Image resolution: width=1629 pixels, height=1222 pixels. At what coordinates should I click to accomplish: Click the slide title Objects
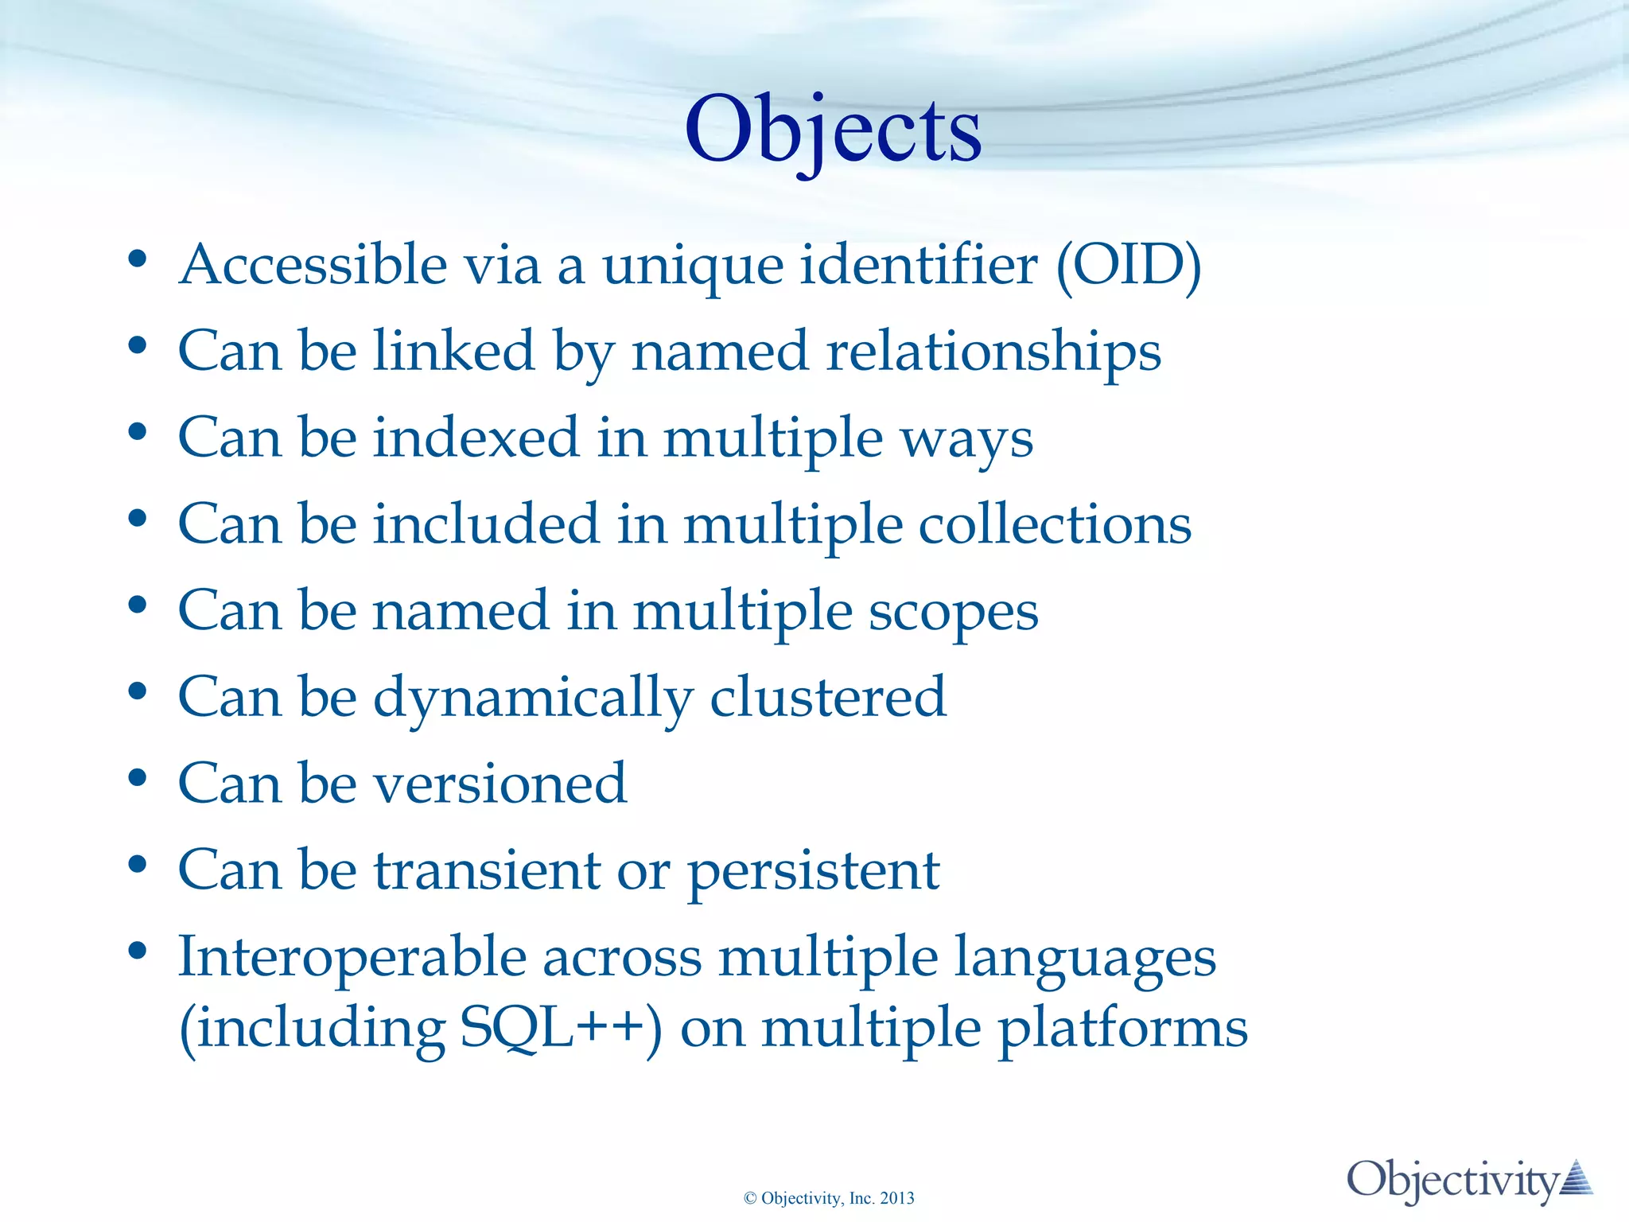833,130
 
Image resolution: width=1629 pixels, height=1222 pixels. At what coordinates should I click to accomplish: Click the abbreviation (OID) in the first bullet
1128,265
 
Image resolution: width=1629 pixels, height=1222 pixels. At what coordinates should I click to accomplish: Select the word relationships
993,351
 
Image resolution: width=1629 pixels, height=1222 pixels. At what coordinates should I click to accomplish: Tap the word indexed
476,438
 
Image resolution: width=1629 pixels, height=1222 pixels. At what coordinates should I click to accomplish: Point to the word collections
1055,524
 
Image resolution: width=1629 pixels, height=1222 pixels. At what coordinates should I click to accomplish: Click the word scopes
953,611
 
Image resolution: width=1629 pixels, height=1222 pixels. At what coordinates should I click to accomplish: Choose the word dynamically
533,699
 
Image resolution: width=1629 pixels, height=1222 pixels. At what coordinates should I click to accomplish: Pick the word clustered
828,697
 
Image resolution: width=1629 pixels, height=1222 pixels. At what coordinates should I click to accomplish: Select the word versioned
501,784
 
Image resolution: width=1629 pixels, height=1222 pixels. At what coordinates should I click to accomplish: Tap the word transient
487,870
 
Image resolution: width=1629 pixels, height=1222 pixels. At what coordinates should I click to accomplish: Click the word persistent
813,871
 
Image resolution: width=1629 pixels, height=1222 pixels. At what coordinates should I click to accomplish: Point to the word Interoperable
352,956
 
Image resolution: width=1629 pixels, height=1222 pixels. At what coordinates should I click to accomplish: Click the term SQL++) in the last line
561,1028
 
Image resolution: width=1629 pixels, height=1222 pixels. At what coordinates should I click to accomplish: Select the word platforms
1122,1029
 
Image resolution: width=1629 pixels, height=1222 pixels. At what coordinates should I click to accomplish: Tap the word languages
1085,958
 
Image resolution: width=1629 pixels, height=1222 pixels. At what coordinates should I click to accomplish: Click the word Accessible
313,265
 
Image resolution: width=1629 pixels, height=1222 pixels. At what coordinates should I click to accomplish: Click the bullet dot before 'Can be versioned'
138,777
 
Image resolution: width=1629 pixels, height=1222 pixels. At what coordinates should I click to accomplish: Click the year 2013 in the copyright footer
897,1198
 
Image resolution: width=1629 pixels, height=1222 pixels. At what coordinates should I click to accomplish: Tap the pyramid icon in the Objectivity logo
1576,1178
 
